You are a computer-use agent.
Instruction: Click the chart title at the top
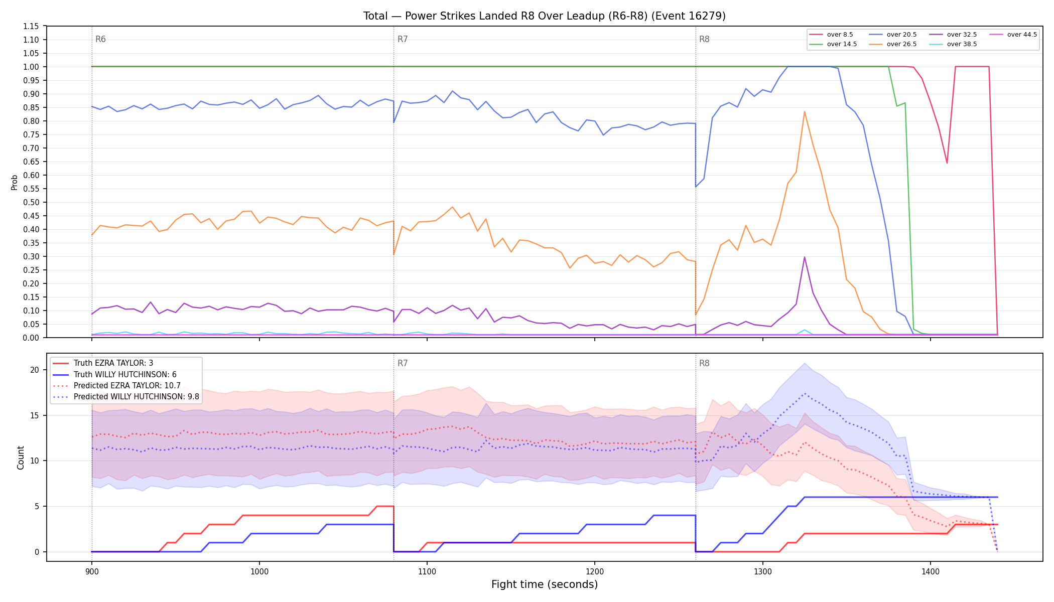point(545,16)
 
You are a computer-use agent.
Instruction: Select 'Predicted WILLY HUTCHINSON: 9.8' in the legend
point(126,397)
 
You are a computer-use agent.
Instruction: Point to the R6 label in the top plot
point(100,39)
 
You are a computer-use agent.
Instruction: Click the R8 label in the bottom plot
point(704,363)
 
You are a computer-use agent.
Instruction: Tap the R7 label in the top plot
point(403,39)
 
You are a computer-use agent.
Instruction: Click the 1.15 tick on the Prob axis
point(31,26)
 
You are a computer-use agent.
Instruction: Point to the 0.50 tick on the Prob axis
point(31,202)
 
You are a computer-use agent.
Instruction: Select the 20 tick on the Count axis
point(35,370)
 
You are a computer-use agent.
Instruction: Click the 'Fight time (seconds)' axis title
point(545,584)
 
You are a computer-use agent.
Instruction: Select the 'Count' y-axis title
point(21,458)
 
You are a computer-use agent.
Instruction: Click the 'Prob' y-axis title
point(15,182)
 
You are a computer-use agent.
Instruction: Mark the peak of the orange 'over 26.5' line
point(805,111)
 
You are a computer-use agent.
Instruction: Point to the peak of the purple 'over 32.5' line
point(805,257)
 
